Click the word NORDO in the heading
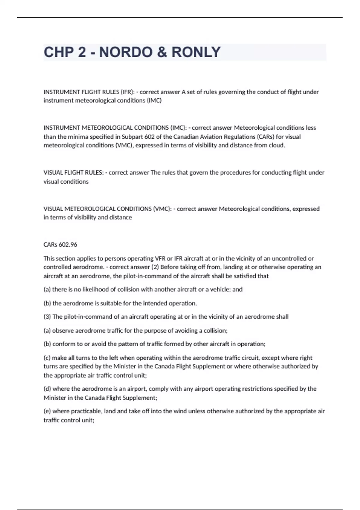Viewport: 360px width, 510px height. (x=125, y=52)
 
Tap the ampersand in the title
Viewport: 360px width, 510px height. (x=162, y=52)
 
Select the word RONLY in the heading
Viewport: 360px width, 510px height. (x=196, y=52)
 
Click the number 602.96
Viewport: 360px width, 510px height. (x=68, y=244)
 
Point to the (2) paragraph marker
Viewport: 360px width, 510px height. (x=155, y=267)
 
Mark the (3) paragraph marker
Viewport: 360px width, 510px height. (x=47, y=317)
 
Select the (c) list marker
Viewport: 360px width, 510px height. (x=47, y=358)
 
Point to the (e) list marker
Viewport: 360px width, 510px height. (x=47, y=411)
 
